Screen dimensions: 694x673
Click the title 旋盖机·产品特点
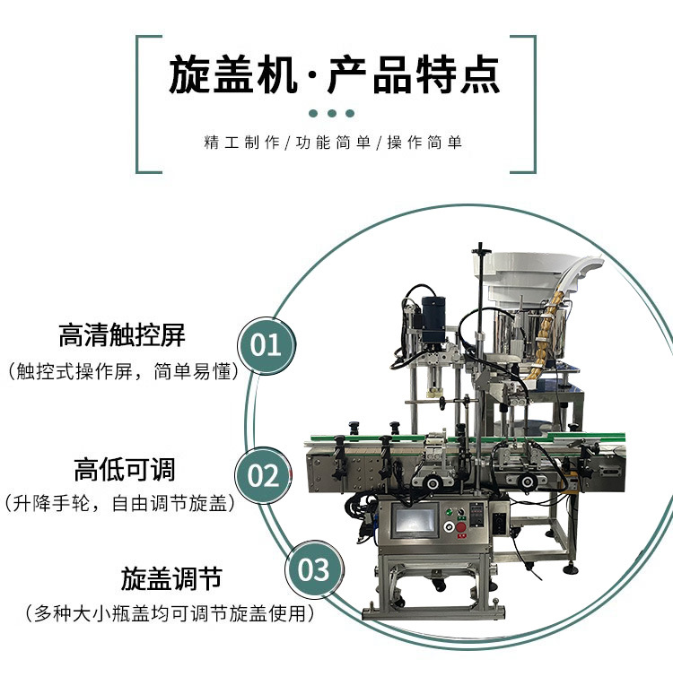[x=335, y=75]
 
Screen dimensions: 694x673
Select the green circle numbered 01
[x=266, y=343]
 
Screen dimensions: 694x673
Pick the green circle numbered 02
[x=264, y=474]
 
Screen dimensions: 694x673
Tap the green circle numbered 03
[x=313, y=569]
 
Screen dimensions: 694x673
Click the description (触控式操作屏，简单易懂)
[x=122, y=371]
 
